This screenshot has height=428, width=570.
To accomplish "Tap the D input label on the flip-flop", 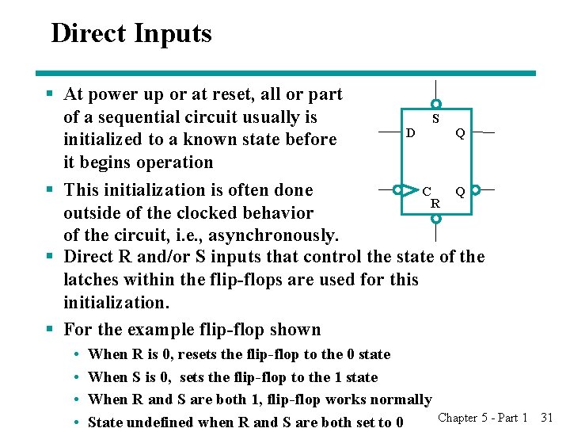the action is (x=409, y=132).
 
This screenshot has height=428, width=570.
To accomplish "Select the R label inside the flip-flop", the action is (x=435, y=203).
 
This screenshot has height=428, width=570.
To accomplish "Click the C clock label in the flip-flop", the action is (x=427, y=191).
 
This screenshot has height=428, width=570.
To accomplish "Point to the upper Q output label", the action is (x=459, y=133).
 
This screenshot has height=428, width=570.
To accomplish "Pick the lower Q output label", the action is (x=459, y=191).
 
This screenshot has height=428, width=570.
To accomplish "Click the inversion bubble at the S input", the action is (x=435, y=104).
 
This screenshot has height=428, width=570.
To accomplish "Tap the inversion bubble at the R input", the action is (x=435, y=217).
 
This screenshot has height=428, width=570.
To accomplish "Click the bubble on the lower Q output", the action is (x=475, y=190).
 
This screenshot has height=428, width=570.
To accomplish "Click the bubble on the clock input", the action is (x=397, y=190).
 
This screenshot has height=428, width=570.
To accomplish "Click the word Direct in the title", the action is (x=89, y=34).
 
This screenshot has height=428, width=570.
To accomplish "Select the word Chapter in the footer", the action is (x=458, y=417).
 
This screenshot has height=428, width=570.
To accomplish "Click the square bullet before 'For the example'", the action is (x=49, y=330).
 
